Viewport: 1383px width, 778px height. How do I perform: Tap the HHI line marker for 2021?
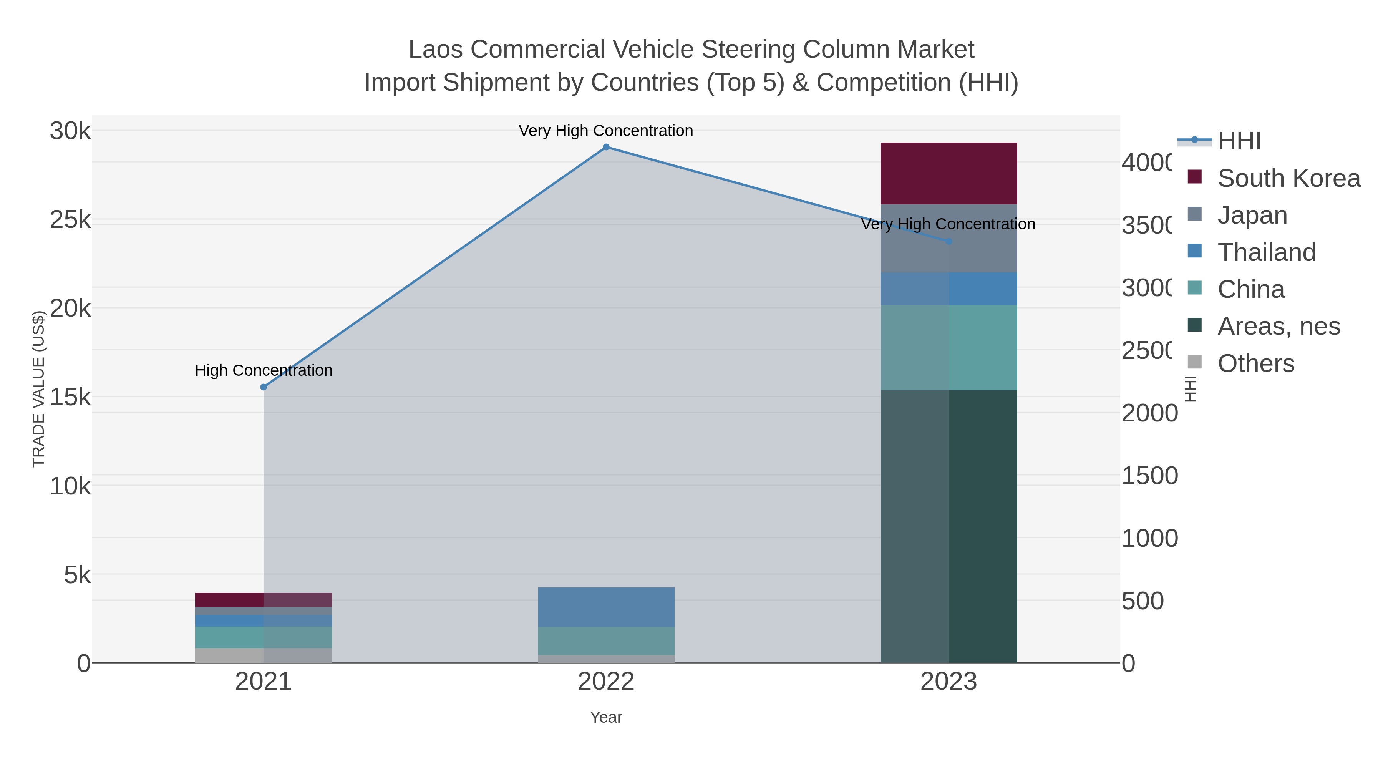(264, 387)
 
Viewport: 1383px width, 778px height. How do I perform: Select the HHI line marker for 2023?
(949, 242)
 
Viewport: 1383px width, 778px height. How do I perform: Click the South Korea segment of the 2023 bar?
(949, 173)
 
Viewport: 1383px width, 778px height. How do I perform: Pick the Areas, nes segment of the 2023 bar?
(949, 526)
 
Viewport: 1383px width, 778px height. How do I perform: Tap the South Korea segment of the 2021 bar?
(263, 600)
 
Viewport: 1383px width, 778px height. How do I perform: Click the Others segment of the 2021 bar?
(263, 655)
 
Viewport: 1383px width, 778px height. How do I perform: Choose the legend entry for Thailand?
(1266, 252)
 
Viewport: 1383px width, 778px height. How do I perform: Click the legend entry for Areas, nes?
(1278, 327)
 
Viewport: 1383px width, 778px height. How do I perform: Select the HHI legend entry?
(1239, 141)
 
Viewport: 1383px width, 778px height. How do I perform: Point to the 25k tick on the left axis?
(70, 220)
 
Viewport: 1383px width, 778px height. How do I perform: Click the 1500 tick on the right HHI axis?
(1149, 476)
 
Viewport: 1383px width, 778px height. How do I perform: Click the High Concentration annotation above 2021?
(264, 370)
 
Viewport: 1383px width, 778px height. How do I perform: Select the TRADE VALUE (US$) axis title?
(39, 389)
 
